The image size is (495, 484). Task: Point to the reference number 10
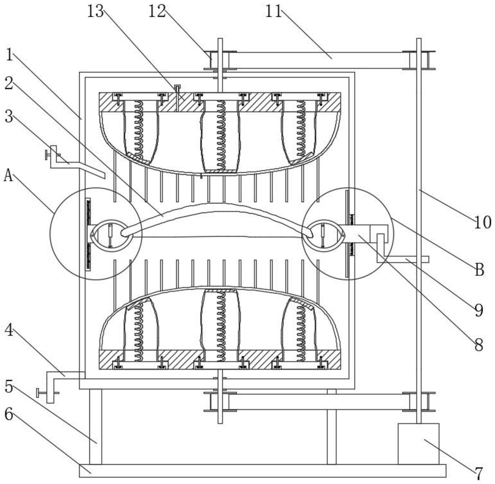coord(483,223)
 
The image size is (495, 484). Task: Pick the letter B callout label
coord(480,269)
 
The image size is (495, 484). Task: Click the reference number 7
coord(479,474)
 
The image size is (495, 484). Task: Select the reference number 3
coord(9,117)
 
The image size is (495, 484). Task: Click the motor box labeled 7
coord(418,444)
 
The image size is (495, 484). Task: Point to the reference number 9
coord(479,310)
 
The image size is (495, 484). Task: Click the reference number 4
coord(9,331)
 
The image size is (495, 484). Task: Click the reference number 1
coord(9,55)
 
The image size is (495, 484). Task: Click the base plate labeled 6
coord(262,471)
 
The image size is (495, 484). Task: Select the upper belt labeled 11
coord(319,60)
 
